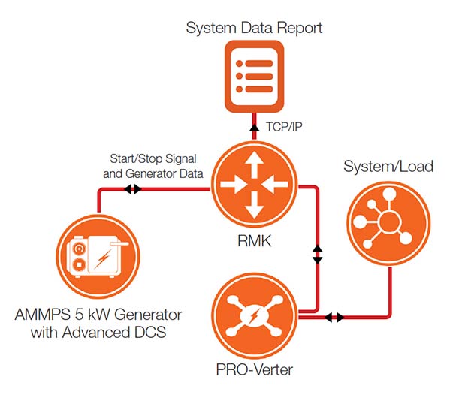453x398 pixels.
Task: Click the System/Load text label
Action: (x=388, y=165)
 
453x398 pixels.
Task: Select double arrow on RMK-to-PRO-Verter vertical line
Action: (x=317, y=253)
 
